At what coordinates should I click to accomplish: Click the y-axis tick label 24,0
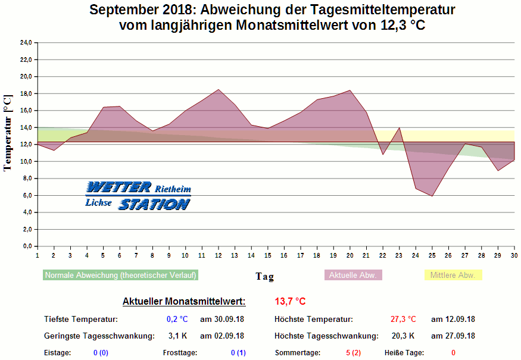click(26, 43)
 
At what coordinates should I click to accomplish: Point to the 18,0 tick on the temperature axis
click(26, 93)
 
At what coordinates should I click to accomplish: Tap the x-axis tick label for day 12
click(219, 255)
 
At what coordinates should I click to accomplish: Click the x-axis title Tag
click(265, 276)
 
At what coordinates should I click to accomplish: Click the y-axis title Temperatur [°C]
click(8, 133)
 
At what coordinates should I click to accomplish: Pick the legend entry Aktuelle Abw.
click(353, 275)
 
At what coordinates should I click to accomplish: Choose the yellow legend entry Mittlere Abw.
click(453, 275)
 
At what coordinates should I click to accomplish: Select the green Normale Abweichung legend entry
click(120, 275)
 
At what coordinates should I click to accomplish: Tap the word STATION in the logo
click(154, 204)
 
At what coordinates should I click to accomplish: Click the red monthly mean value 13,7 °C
click(290, 302)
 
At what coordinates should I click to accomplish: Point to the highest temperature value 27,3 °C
click(403, 319)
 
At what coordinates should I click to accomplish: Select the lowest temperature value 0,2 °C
click(177, 319)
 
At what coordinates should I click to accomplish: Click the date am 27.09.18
click(453, 336)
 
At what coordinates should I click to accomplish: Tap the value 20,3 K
click(403, 336)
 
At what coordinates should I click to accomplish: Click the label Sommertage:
click(298, 353)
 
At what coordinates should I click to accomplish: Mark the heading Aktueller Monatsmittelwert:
click(184, 302)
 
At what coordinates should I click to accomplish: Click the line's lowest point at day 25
click(432, 196)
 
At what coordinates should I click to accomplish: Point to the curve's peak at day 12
click(219, 89)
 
